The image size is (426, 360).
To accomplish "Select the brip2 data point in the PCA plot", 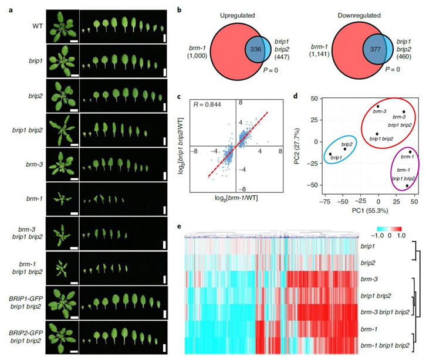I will pyautogui.click(x=344, y=149).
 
